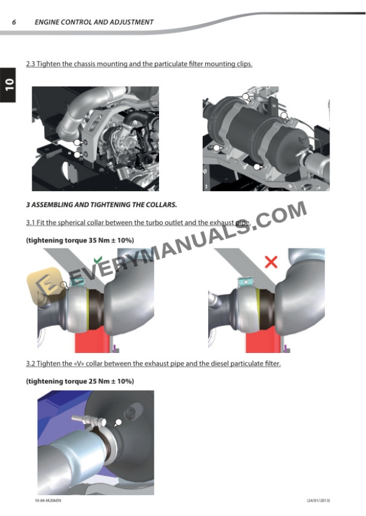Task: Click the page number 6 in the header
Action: pos(14,22)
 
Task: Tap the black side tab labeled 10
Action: pos(7,84)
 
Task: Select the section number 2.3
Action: pos(30,64)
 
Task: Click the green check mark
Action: pos(98,261)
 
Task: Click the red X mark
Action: pos(271,262)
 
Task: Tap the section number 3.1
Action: pos(30,223)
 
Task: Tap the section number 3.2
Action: pos(30,364)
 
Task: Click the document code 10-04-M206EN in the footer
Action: pos(48,500)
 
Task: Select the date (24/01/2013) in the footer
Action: pos(318,500)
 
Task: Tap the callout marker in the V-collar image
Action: pos(118,422)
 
